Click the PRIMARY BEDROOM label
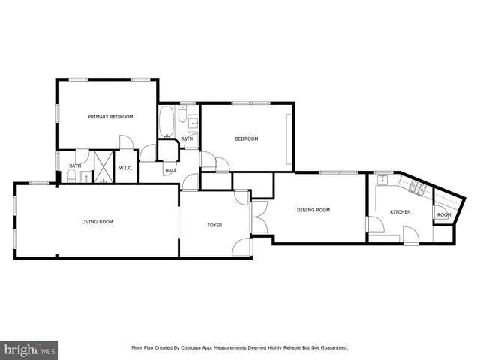(x=110, y=117)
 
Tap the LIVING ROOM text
(x=97, y=222)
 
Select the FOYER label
(x=214, y=226)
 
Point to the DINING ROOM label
(x=313, y=211)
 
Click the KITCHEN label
(x=400, y=212)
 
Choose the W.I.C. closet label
(x=125, y=167)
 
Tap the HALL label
(x=171, y=170)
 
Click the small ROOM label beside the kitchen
(x=444, y=215)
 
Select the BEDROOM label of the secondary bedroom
(x=246, y=139)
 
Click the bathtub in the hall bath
(x=166, y=121)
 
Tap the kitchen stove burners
(x=417, y=187)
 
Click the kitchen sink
(x=384, y=180)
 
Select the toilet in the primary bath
(x=70, y=176)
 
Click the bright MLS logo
(x=30, y=349)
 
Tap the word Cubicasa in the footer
(x=202, y=348)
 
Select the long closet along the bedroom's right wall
(x=289, y=139)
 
